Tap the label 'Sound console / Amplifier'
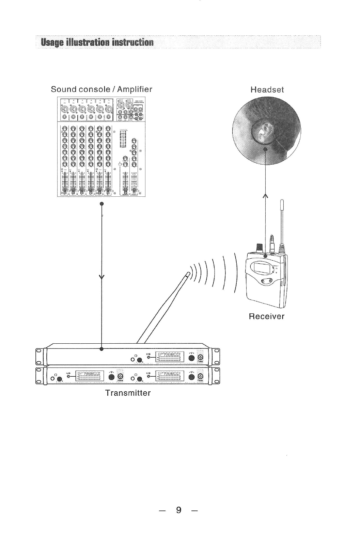pyautogui.click(x=101, y=89)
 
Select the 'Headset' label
pyautogui.click(x=267, y=90)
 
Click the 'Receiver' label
pyautogui.click(x=266, y=316)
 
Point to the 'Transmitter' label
pyautogui.click(x=128, y=393)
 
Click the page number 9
pyautogui.click(x=178, y=510)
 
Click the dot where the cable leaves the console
pyautogui.click(x=101, y=203)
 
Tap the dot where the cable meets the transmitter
pyautogui.click(x=101, y=349)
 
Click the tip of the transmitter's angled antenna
pyautogui.click(x=188, y=273)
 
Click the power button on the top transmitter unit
pyautogui.click(x=201, y=358)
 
